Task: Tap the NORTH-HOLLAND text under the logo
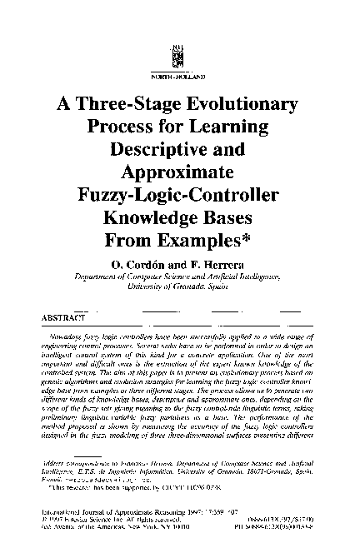pyautogui.click(x=177, y=75)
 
